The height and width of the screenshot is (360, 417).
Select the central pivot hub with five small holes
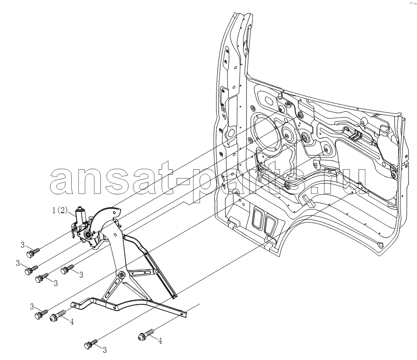[x=122, y=275]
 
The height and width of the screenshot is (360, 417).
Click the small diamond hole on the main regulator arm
[x=115, y=235]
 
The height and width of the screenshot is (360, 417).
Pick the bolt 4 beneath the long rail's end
[x=146, y=335]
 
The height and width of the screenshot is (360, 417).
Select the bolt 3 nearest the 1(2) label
[x=33, y=252]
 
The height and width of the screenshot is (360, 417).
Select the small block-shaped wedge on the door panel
[x=308, y=201]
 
